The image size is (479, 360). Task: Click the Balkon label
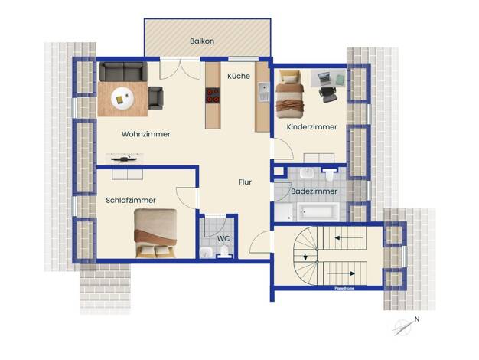tap(201, 41)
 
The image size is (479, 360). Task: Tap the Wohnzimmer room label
tap(145, 134)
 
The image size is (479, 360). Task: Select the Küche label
tap(239, 76)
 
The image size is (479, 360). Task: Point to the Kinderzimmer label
tap(311, 126)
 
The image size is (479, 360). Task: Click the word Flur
tap(245, 182)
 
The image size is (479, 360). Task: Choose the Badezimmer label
tap(314, 191)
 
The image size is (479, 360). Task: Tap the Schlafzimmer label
tap(131, 201)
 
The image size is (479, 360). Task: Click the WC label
tap(223, 238)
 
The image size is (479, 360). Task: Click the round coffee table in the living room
tap(122, 98)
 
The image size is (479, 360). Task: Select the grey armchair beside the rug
tap(155, 98)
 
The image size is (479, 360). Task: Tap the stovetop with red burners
tap(213, 96)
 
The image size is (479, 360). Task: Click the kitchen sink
tap(264, 92)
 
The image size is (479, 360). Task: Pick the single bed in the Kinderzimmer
tap(289, 94)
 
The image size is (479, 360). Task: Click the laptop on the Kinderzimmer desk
tap(324, 77)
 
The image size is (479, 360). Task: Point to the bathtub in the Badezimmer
tap(318, 211)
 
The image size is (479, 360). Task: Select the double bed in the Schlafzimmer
tap(155, 233)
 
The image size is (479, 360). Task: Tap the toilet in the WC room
tap(224, 252)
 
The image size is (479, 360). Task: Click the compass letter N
tap(417, 319)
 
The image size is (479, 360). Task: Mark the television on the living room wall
tap(125, 159)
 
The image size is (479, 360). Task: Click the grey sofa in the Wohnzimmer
tap(123, 71)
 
